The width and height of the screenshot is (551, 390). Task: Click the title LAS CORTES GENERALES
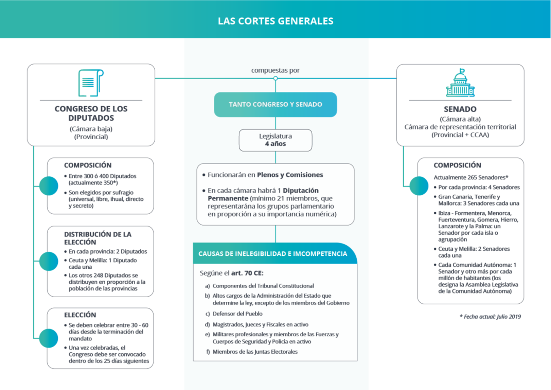[x=275, y=21]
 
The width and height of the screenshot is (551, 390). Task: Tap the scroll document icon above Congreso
[x=91, y=83]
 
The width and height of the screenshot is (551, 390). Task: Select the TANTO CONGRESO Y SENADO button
[x=275, y=105]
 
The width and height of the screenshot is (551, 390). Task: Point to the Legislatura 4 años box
[x=275, y=140]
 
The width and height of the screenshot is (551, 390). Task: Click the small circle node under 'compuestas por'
[x=275, y=78]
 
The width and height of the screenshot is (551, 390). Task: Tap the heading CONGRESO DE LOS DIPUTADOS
[x=91, y=113]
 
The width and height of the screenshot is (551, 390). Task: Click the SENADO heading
[x=460, y=109]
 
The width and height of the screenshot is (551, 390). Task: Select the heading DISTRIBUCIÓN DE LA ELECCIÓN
[x=98, y=238]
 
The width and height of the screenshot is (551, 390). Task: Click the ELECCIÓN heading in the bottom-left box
[x=80, y=315]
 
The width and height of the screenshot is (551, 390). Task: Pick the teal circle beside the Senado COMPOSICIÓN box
[x=419, y=186]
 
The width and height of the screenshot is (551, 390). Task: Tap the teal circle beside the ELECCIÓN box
[x=49, y=338]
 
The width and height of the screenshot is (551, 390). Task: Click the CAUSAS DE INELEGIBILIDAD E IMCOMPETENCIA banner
[x=275, y=254]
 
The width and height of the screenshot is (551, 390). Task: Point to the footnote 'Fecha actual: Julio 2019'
[x=490, y=317]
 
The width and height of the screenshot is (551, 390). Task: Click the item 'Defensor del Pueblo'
[x=237, y=314]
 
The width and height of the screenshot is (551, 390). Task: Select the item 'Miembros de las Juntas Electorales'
[x=255, y=351]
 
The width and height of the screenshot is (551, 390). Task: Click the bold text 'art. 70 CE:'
[x=247, y=273]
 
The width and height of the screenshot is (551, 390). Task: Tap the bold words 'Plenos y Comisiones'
[x=290, y=175]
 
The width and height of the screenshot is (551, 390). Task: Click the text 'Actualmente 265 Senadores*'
[x=471, y=177]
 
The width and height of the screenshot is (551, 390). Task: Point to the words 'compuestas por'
[x=275, y=70]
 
